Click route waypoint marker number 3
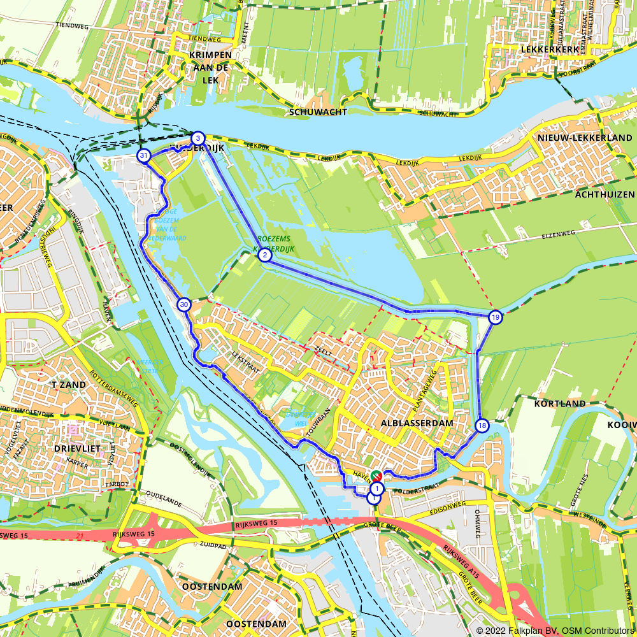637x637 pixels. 198,138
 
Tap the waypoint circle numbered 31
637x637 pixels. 144,156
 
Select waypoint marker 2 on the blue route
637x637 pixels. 264,255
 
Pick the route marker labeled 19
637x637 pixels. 495,317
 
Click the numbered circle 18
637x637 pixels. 482,426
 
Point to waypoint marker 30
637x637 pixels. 184,304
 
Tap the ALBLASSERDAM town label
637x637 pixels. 417,423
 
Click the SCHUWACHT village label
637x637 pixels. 318,112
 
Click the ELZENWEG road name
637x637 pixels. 558,234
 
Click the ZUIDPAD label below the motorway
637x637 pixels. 213,546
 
